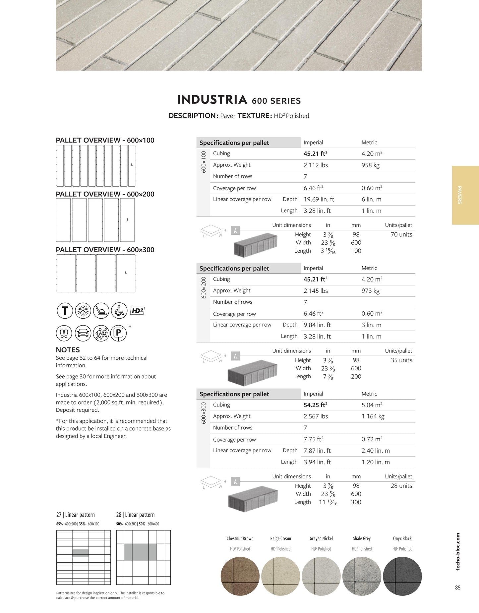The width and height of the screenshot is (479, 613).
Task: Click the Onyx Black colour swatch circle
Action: point(402,576)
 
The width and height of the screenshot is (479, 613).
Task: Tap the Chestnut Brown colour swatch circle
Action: point(240,576)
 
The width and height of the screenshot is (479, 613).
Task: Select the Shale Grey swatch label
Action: point(362,538)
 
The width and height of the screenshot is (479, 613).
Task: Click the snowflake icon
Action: point(83,311)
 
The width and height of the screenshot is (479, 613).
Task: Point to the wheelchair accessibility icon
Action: point(119,311)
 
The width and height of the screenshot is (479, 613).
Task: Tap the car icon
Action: point(83,333)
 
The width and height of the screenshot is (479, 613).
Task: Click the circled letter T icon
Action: point(65,311)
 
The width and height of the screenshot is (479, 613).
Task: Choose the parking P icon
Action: point(118,333)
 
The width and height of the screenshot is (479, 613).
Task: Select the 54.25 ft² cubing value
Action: point(315,405)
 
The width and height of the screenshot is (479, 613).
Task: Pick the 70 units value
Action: point(401,234)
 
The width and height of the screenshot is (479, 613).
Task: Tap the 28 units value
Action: point(401,486)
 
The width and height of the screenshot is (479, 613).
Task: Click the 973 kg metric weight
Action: point(370,291)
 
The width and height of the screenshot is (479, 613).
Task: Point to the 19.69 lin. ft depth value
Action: point(319,199)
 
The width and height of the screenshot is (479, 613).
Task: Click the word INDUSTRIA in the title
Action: point(212,99)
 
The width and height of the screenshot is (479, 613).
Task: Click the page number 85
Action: point(457,587)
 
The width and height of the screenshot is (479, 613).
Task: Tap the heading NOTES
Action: point(68,350)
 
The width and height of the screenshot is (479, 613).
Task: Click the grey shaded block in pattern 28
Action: point(140,552)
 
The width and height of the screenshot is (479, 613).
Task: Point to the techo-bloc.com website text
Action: point(458,552)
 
